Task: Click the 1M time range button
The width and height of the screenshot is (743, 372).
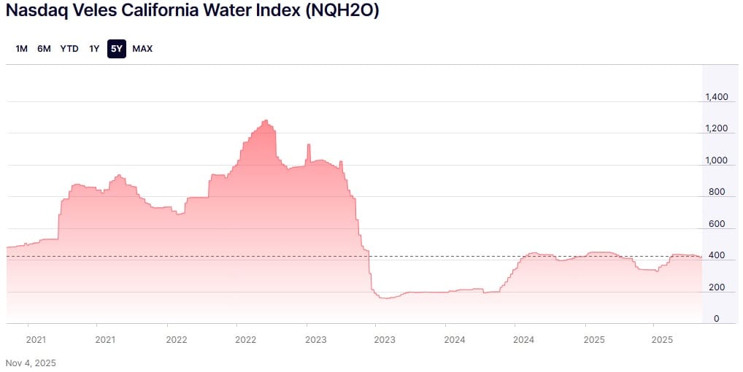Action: [x=21, y=49]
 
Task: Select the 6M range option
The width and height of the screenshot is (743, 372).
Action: [x=44, y=49]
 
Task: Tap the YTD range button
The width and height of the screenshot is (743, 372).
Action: [x=69, y=49]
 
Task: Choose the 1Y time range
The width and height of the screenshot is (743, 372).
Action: [x=94, y=49]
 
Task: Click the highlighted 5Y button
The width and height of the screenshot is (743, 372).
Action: [x=117, y=49]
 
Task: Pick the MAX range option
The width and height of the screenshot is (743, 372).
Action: [x=142, y=49]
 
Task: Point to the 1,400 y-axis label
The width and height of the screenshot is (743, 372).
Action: [x=716, y=97]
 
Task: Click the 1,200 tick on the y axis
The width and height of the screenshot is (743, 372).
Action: [x=716, y=129]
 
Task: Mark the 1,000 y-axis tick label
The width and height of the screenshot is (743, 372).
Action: [x=716, y=161]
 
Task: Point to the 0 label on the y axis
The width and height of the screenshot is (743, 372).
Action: [x=716, y=319]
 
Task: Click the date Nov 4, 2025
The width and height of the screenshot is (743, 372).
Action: [x=31, y=363]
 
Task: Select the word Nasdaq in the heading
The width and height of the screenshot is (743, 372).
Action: [x=32, y=12]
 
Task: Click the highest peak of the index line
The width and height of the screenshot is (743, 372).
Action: [x=265, y=120]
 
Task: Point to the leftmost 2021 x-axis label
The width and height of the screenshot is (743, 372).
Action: [x=36, y=339]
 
